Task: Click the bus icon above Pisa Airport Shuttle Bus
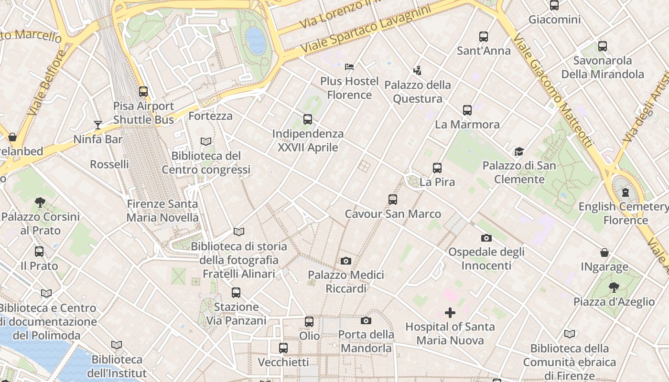(143, 91)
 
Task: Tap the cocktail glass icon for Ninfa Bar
(98, 125)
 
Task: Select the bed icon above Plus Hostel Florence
(349, 66)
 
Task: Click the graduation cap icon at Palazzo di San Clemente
(519, 151)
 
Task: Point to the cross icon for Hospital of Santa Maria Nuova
(450, 313)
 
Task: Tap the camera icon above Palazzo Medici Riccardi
(346, 261)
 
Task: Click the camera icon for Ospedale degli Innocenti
(486, 238)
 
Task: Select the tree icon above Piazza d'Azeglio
(614, 287)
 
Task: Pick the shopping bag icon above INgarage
(604, 253)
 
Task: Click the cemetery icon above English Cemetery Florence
(626, 193)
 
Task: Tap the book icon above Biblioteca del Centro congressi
(206, 142)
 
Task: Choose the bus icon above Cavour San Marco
(393, 200)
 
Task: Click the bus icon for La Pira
(437, 168)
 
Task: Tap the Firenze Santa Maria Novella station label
(162, 211)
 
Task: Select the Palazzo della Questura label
(418, 92)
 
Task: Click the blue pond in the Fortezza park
(256, 40)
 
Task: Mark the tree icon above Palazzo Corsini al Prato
(40, 202)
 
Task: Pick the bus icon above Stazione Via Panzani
(236, 293)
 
